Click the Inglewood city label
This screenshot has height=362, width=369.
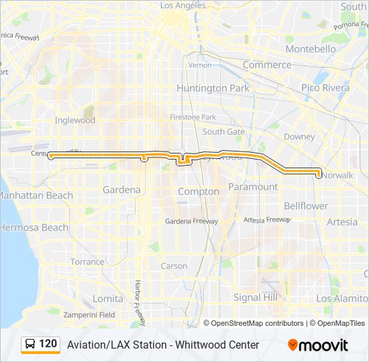75,121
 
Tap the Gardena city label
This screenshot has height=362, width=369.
121,190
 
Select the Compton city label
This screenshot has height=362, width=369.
199,192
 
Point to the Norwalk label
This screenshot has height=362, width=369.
337,176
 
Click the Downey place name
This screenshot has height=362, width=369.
299,137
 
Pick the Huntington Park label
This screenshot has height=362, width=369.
213,88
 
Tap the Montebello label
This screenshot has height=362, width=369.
311,49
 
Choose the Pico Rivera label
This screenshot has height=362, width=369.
325,88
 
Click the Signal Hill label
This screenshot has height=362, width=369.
256,297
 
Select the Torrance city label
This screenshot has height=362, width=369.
87,262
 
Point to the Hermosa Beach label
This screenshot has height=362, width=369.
34,227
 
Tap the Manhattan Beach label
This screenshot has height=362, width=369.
35,195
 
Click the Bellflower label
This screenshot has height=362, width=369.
306,206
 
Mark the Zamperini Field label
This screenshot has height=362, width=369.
89,314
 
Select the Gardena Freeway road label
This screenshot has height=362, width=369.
191,221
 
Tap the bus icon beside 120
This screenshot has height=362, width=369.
30,345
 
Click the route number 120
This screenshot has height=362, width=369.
48,344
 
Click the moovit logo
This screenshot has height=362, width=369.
318,345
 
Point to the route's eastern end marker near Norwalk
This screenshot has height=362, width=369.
318,173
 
